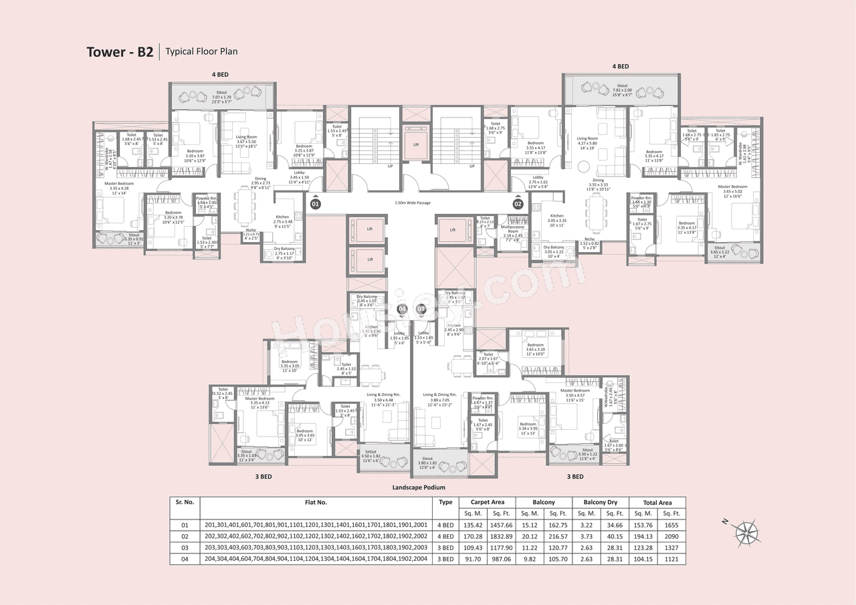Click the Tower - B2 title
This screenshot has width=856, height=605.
120,52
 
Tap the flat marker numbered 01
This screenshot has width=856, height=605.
316,203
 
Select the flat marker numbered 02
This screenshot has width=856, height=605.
518,203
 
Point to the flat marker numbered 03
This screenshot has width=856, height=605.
421,309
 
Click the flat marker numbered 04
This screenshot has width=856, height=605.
402,309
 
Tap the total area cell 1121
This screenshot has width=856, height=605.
671,560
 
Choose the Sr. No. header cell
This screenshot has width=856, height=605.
184,502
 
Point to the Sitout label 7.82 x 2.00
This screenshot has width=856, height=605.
621,90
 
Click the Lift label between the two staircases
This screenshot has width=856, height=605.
415,144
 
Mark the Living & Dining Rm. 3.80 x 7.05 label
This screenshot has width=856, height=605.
439,399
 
